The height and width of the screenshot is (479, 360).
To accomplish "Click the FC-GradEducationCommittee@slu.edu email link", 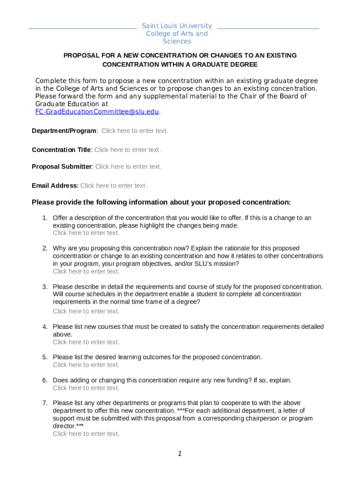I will click(x=97, y=111).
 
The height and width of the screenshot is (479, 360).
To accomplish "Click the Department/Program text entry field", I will click(x=135, y=131).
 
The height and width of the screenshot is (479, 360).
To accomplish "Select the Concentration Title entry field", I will click(x=128, y=150).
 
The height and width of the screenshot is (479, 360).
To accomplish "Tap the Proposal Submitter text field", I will click(x=129, y=167).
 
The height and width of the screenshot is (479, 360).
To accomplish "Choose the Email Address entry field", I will click(x=114, y=186).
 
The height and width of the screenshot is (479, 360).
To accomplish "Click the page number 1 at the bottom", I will click(x=180, y=453).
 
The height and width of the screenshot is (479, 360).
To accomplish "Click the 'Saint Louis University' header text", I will click(x=177, y=26).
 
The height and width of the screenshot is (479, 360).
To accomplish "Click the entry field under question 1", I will click(x=86, y=233).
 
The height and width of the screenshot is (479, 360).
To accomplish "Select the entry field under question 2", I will click(x=86, y=271).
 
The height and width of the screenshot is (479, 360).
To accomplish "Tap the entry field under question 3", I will click(x=86, y=312).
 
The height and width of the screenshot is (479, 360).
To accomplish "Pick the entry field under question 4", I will click(x=86, y=342).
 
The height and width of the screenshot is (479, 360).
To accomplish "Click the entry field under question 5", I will click(x=86, y=365).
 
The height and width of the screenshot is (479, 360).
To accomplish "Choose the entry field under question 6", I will click(x=86, y=388).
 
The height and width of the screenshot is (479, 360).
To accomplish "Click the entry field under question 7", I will click(x=86, y=434).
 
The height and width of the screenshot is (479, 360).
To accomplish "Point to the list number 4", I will click(x=45, y=327).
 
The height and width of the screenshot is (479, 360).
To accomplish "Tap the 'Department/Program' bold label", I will click(x=64, y=131).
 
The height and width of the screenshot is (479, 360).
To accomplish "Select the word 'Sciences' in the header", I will click(x=177, y=41).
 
